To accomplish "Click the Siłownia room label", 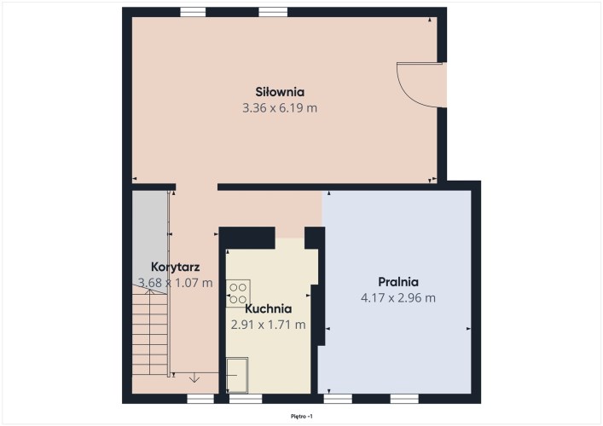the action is (x=280, y=92).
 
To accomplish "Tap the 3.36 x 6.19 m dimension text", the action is (x=280, y=108).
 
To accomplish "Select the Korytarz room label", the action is (x=176, y=267).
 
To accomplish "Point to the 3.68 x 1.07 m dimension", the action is (x=176, y=283).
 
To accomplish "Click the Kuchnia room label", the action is (x=269, y=308).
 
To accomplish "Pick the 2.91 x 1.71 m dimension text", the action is (x=269, y=325).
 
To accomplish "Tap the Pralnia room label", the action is (x=398, y=281).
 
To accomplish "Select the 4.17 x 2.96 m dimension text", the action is (x=398, y=297).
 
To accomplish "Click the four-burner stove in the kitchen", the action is (x=238, y=293).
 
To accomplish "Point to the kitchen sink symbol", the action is (x=237, y=375).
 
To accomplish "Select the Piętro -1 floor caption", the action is (x=302, y=416).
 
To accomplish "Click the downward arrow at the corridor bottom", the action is (x=194, y=377).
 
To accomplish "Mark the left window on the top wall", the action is (x=193, y=12).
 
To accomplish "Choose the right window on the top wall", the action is (x=273, y=12).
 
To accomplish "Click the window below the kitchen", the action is (x=246, y=399).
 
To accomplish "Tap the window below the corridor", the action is (x=200, y=399).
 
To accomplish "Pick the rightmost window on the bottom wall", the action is (x=404, y=399).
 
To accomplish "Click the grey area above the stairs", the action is (x=150, y=239).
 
